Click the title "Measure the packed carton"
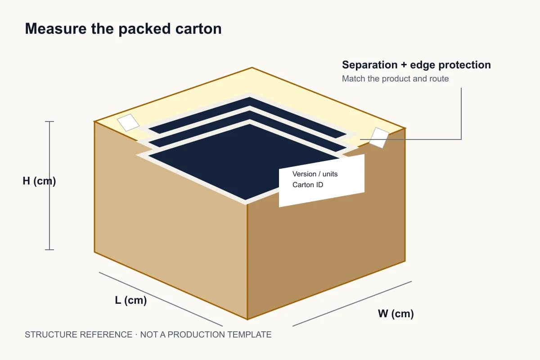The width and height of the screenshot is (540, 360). (x=123, y=29)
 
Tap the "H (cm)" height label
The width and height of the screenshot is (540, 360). (x=39, y=181)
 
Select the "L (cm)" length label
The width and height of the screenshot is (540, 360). (x=131, y=301)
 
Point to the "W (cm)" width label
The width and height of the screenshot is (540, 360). (x=396, y=314)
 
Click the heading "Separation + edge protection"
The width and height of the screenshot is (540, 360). (x=416, y=65)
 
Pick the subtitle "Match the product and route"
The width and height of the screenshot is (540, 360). (x=396, y=79)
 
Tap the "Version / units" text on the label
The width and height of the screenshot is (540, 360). (x=315, y=174)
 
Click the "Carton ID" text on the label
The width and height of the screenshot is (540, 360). (x=308, y=184)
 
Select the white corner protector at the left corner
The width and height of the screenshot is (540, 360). (x=128, y=122)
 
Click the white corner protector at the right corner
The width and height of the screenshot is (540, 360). (x=379, y=138)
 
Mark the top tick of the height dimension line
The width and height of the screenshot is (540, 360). (x=49, y=121)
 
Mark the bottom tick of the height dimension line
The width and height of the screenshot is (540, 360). (x=49, y=250)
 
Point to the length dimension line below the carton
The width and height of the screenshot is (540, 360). (x=161, y=299)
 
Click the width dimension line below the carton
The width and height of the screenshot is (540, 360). (x=352, y=304)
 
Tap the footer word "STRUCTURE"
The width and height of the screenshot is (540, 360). (x=50, y=335)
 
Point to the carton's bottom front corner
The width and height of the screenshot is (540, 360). (x=247, y=319)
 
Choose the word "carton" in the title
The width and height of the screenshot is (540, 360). (x=198, y=29)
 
